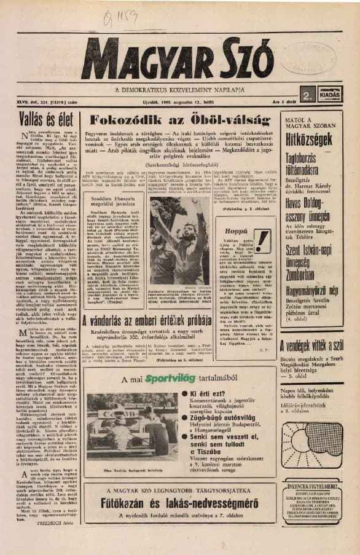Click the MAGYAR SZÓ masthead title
point(178,59)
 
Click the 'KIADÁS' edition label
point(329,96)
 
